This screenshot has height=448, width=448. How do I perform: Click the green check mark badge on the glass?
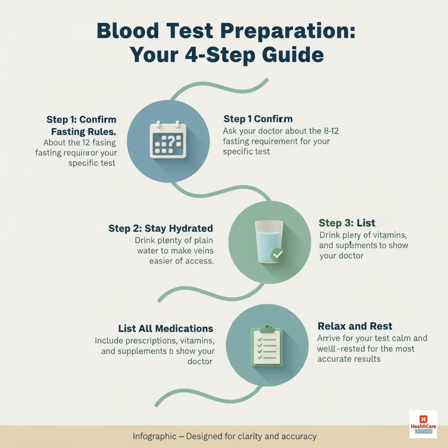277,254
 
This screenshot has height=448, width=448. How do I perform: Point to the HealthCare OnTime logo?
423,424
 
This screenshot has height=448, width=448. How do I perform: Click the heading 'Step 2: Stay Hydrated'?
161,228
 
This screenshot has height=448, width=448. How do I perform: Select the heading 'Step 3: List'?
347,223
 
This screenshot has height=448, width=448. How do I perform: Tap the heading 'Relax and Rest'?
355,326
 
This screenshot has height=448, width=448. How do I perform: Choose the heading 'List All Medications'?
165,329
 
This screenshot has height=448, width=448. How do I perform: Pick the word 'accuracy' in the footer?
300,436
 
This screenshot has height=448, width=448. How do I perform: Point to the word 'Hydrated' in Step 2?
189,228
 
